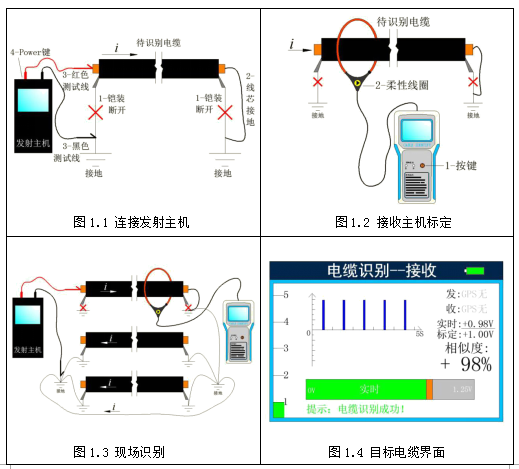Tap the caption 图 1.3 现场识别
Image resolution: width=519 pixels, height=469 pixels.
(x=130, y=452)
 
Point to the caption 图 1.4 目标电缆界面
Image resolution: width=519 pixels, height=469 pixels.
(x=393, y=452)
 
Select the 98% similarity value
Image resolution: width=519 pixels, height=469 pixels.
(x=465, y=365)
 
